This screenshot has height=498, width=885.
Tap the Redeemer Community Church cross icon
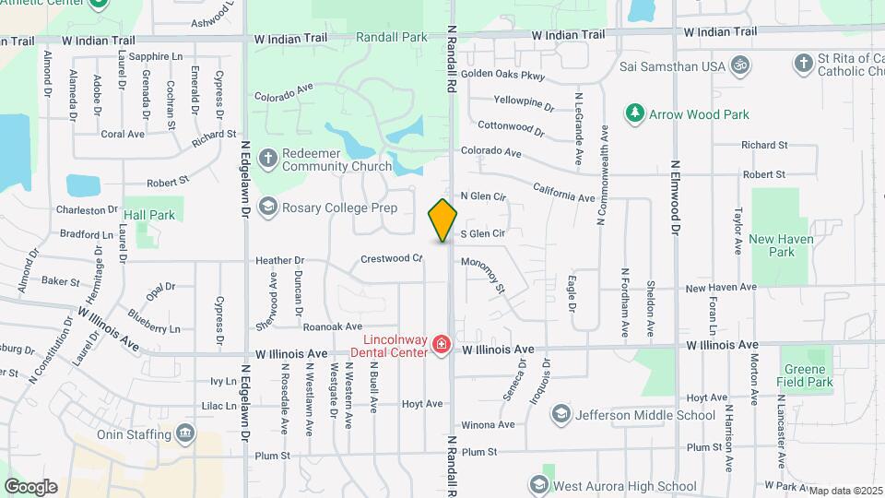(x=268, y=158)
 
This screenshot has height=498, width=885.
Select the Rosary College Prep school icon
(x=268, y=206)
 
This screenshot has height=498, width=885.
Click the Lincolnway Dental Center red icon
(x=442, y=346)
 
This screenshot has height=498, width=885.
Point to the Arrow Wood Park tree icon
(x=634, y=113)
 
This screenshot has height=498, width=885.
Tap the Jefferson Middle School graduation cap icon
(x=560, y=415)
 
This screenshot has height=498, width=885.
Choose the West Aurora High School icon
(x=539, y=485)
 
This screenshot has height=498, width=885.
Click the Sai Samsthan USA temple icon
(x=737, y=65)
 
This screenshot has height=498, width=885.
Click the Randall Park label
(x=392, y=38)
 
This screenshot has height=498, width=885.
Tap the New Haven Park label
(x=772, y=245)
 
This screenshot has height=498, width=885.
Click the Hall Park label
(x=148, y=215)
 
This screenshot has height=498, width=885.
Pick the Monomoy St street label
(x=487, y=274)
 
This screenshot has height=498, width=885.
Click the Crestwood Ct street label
(x=391, y=259)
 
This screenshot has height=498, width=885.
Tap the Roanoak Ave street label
(x=332, y=326)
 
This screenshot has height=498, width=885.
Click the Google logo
(x=30, y=486)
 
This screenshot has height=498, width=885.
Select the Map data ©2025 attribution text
(x=845, y=490)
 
